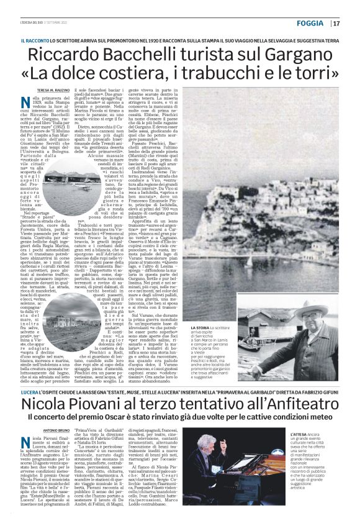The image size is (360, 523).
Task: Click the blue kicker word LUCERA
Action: point(29,394)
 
